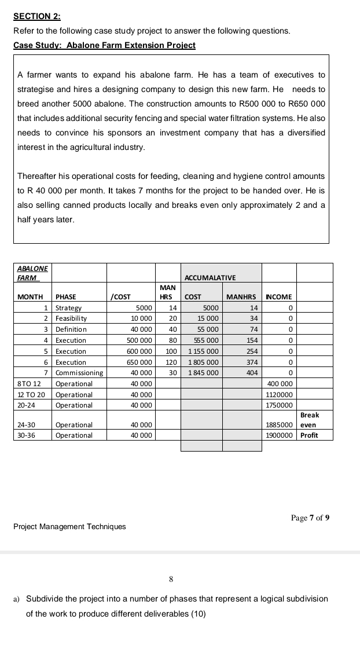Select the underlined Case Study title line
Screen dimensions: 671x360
[105, 45]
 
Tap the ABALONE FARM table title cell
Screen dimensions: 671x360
[33, 273]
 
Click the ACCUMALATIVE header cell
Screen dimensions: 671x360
[210, 278]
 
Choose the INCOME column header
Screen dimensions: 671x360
[278, 297]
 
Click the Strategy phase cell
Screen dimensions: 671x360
[69, 308]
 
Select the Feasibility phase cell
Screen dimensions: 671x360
[71, 318]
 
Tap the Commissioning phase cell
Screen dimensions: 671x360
[79, 373]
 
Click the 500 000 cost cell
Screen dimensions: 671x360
[139, 340]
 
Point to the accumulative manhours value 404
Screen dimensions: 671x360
[251, 373]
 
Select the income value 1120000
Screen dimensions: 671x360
[279, 394]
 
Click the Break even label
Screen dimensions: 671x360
[310, 420]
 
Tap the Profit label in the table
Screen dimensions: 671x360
[309, 435]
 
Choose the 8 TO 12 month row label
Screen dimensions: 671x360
[30, 384]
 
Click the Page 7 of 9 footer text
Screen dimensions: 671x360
[310, 518]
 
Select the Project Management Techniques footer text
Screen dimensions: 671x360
[69, 526]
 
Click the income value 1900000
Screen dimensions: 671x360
[279, 435]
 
